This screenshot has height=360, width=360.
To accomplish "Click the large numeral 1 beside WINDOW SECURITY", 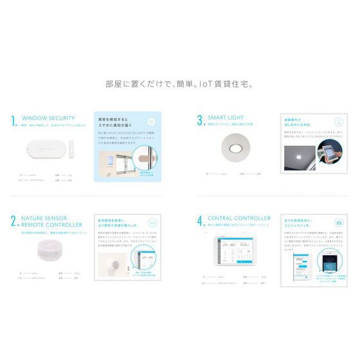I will click(x=14, y=120).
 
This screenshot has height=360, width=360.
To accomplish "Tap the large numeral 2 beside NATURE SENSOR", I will click(x=14, y=221).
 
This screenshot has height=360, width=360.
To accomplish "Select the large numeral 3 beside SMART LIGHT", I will click(x=200, y=120).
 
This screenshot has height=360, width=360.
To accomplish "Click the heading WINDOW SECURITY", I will click(x=48, y=118).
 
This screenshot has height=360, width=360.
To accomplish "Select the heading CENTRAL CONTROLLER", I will click(x=239, y=219).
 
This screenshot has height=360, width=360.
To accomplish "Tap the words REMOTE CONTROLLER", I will click(x=52, y=226).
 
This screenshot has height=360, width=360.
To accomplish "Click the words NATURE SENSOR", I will click(x=44, y=219).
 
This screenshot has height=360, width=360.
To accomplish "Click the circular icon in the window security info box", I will click(x=151, y=122).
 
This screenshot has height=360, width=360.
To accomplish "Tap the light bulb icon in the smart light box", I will click(x=337, y=121).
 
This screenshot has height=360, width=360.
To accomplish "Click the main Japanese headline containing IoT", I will click(x=179, y=84).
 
